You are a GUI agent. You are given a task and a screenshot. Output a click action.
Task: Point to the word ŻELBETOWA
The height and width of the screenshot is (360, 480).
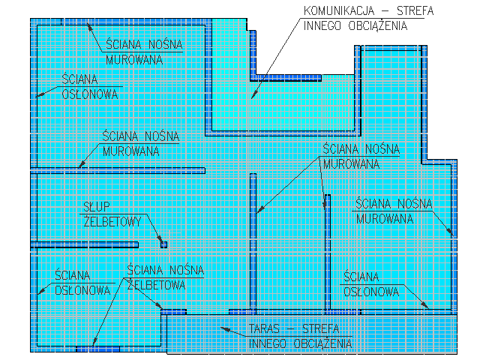[x=157, y=284]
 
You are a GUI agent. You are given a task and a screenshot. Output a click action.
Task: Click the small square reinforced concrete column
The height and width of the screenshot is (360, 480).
[x=163, y=244]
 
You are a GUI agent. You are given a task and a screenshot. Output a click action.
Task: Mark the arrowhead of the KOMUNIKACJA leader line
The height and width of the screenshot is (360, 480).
[x=253, y=97]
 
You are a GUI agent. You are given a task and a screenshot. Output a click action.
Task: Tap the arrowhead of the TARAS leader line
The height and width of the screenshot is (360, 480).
[x=220, y=327]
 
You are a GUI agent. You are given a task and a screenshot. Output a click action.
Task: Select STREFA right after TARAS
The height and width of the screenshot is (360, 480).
[x=321, y=330]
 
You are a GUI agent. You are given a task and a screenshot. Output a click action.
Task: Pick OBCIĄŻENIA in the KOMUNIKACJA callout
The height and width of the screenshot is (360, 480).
[x=382, y=25]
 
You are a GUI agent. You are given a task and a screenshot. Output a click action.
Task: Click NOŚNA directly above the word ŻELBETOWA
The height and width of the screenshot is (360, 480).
[x=184, y=270]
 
